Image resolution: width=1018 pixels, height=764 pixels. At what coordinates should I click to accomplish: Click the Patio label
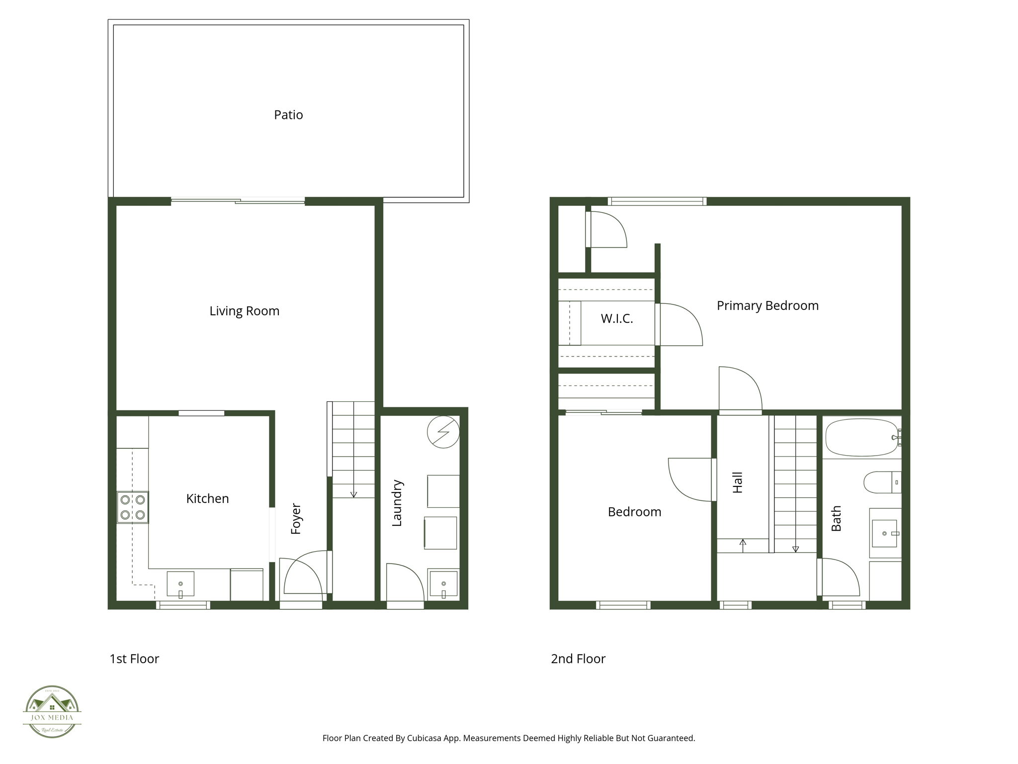click(288, 115)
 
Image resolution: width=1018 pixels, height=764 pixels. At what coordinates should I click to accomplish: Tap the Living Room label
click(244, 311)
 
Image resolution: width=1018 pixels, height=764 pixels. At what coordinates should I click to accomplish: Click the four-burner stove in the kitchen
click(133, 507)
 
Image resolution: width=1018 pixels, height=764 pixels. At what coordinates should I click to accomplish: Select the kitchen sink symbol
click(180, 584)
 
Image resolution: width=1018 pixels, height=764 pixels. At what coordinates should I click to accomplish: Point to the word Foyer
click(296, 519)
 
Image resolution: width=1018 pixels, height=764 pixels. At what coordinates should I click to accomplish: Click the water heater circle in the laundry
click(443, 432)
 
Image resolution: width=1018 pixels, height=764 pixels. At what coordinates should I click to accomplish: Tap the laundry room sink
click(443, 584)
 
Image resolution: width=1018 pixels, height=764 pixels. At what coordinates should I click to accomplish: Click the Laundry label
click(397, 503)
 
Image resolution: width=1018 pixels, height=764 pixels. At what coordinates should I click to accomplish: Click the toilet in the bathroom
click(881, 482)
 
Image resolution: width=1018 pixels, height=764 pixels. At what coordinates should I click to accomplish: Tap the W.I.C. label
click(617, 319)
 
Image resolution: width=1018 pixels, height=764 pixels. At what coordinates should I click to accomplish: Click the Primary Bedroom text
click(767, 305)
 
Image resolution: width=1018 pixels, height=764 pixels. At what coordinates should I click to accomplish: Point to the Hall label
click(738, 482)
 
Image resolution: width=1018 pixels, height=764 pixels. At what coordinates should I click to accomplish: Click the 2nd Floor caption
click(578, 659)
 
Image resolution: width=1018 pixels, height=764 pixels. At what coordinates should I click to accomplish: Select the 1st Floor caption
click(134, 659)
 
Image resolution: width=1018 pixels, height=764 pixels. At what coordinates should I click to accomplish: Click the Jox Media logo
click(52, 711)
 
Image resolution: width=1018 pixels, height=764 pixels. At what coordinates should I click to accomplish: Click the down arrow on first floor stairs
click(353, 494)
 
